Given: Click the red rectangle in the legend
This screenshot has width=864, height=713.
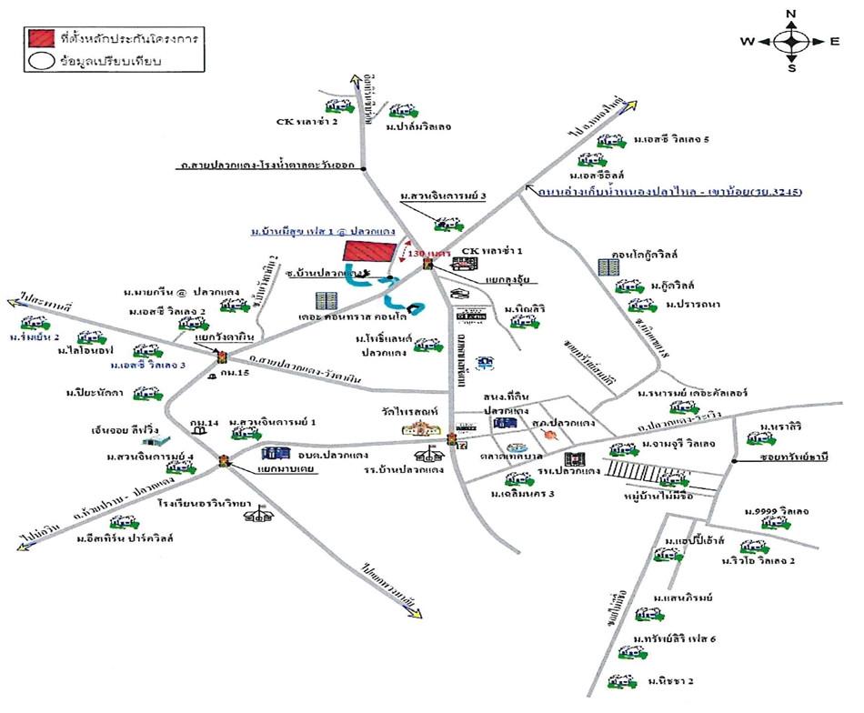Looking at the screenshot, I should click(x=40, y=39).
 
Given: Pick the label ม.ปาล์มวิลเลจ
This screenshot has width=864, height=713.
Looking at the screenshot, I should click(x=417, y=127).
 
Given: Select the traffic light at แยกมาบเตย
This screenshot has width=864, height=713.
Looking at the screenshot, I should click(x=224, y=462).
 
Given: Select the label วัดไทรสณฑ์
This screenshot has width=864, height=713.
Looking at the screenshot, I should click(x=418, y=410).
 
